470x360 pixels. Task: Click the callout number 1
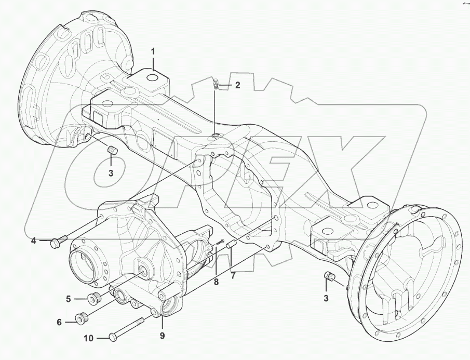coord(153,51)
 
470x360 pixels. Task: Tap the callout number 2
coord(237,85)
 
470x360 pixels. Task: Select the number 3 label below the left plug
coord(111,173)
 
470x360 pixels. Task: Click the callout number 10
coord(89,338)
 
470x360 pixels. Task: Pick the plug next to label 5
coord(95,299)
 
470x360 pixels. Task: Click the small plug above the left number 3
coord(111,151)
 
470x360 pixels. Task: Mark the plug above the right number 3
coord(328,276)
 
